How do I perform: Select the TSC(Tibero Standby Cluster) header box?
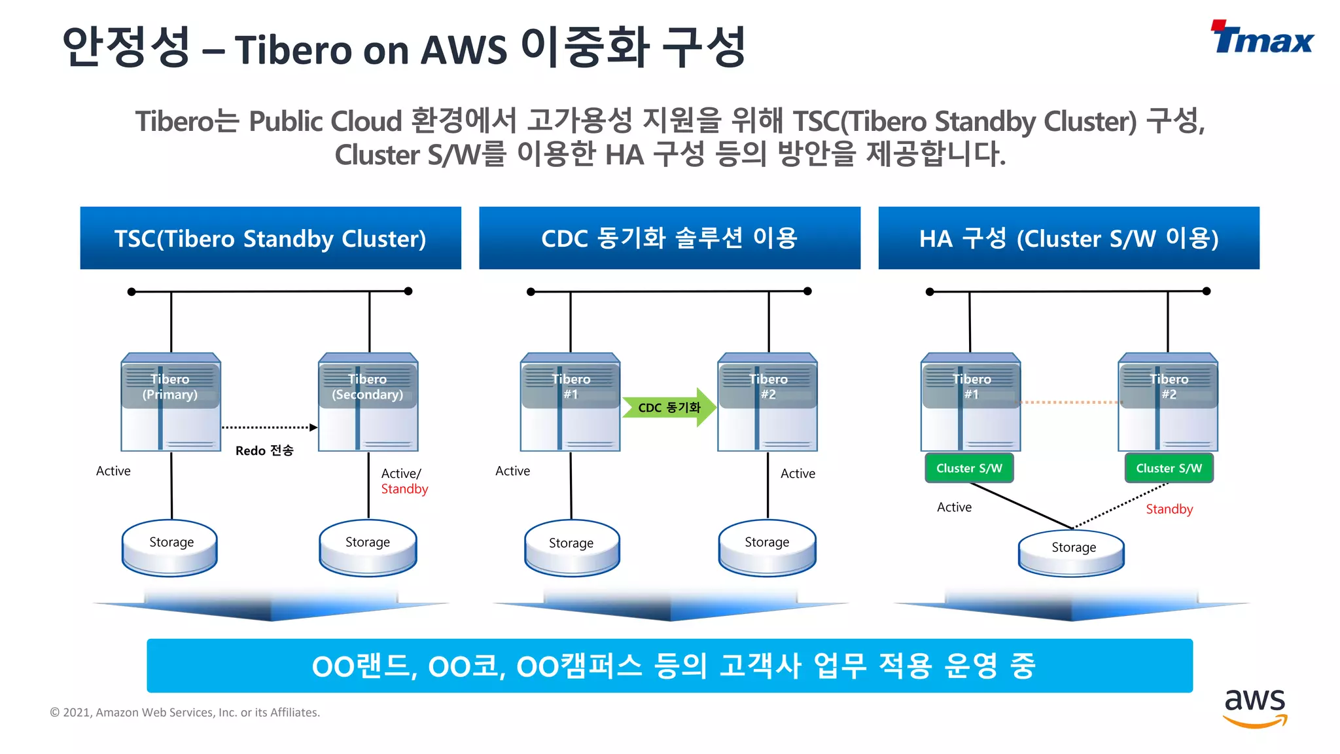pos(270,238)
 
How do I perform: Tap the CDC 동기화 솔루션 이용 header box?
pos(669,238)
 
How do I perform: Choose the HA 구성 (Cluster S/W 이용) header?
pos(1068,238)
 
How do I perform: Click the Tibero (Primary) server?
pos(171,402)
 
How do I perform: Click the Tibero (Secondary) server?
pos(368,402)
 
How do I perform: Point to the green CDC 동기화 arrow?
pos(669,407)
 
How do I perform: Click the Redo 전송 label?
pos(264,450)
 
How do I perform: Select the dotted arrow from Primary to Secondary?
pos(269,427)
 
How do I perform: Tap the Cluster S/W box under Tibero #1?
pos(969,468)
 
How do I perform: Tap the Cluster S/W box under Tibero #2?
pos(1169,468)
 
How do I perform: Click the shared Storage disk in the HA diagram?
pos(1072,552)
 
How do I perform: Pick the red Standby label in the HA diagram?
pos(1169,509)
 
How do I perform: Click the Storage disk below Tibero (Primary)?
pos(170,547)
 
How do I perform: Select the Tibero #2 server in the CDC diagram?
pos(767,402)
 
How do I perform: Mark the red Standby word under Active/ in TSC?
pos(404,489)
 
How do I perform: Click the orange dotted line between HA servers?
pos(1069,402)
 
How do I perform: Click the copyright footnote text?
pos(185,712)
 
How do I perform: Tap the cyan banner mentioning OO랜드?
pos(669,666)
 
